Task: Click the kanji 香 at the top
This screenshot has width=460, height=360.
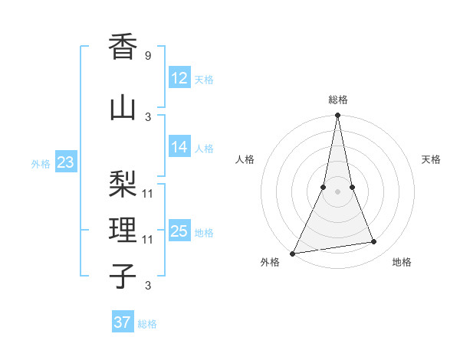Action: [x=123, y=47]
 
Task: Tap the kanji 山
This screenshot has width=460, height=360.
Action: [x=123, y=108]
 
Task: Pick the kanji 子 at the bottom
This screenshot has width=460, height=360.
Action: [x=123, y=276]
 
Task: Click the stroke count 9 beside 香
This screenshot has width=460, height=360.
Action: [x=148, y=55]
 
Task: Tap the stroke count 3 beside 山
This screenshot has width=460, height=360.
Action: [x=148, y=116]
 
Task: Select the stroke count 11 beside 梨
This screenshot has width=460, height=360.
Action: [x=148, y=193]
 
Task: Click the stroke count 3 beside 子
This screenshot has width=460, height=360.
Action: [x=148, y=286]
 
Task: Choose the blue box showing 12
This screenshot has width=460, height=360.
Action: [x=179, y=78]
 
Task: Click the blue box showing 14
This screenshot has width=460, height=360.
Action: [x=179, y=147]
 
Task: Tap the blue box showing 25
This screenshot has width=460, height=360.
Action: [x=179, y=231]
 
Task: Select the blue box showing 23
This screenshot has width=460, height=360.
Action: [x=65, y=162]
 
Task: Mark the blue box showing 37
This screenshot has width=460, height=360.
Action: [x=123, y=322]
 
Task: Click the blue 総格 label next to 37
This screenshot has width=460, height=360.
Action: [x=147, y=324]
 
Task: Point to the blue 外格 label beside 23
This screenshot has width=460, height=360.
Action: [x=41, y=163]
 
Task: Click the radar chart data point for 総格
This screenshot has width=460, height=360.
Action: [x=337, y=116]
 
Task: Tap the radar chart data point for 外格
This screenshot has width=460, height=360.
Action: [x=293, y=254]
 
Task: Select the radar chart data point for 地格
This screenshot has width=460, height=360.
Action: [x=374, y=242]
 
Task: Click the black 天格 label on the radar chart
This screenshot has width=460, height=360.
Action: [x=431, y=159]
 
